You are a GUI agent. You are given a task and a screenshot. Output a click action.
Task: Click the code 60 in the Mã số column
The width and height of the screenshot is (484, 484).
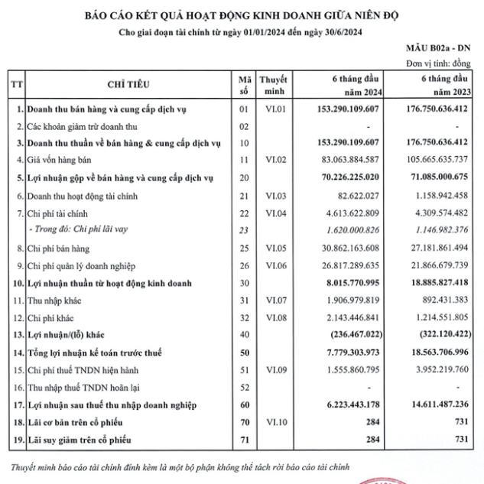click(244, 404)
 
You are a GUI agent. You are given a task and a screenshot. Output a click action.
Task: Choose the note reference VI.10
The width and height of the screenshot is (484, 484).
click(273, 422)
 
